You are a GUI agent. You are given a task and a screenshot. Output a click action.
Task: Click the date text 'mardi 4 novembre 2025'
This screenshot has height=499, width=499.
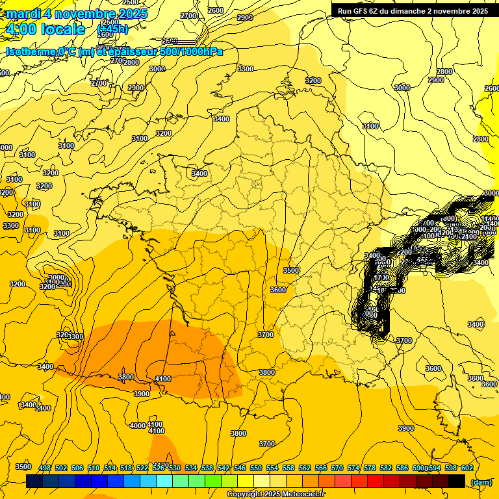coord(77,14)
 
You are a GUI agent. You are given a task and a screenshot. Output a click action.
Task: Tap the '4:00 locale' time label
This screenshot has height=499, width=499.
coord(45,29)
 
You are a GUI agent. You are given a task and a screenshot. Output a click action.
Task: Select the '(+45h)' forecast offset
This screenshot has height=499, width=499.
coord(112,29)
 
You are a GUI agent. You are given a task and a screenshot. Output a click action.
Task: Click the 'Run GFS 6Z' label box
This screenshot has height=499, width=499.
coord(410,10)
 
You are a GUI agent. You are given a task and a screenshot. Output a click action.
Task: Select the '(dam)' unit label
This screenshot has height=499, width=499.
coord(481,481)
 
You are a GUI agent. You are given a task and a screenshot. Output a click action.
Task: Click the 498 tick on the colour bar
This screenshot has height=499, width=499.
coord(45,468)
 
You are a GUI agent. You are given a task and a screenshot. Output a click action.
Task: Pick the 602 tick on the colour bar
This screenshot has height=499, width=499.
coord(467,468)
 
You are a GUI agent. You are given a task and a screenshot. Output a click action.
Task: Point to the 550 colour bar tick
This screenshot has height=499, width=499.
coord(256,468)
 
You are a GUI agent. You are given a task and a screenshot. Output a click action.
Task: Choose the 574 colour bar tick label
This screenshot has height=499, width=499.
coord(353,468)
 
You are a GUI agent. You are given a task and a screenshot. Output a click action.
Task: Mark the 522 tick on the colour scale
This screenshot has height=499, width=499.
coord(142,468)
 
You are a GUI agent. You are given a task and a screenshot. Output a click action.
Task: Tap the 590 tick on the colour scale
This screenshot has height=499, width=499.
coord(418,468)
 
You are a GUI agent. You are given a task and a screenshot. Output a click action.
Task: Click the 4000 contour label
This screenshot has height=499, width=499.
coord(137,426)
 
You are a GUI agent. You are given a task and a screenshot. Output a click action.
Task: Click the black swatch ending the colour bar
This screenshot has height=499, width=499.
coord(457,481)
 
